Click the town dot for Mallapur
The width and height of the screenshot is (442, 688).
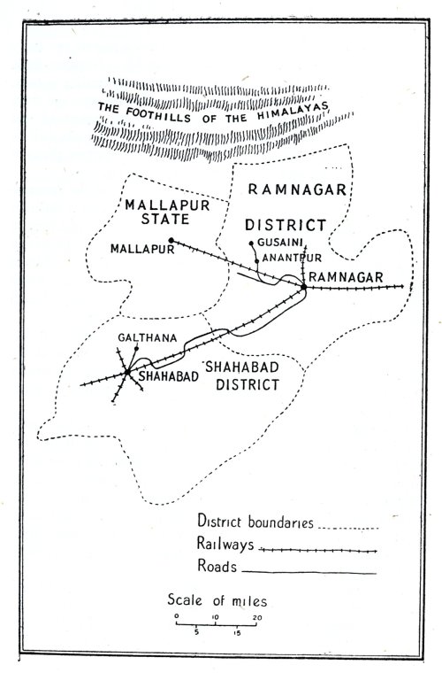[171, 241]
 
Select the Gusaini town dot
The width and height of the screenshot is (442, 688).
[252, 243]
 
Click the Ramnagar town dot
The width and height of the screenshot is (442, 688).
[303, 287]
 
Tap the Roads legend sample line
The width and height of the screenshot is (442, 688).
[309, 574]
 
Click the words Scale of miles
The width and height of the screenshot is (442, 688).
[217, 601]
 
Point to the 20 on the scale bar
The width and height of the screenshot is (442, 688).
[257, 616]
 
